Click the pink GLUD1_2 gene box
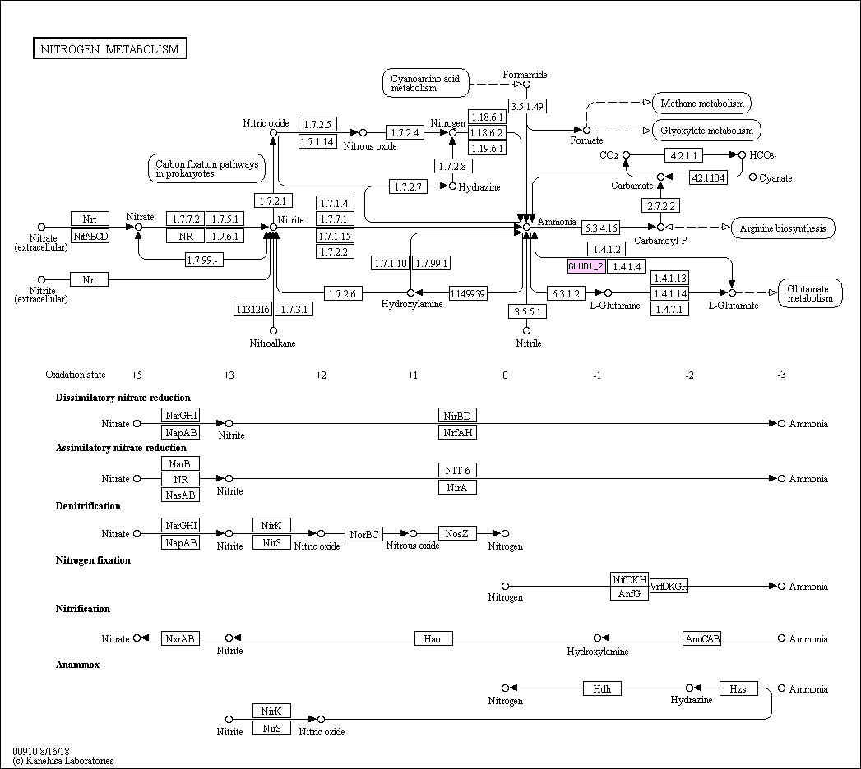(586, 266)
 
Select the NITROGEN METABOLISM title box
(111, 49)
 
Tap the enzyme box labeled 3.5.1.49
(527, 106)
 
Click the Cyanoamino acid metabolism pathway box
(425, 82)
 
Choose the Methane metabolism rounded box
(701, 104)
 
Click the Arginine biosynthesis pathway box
(783, 228)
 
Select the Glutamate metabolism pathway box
(810, 293)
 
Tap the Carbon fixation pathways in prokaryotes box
(206, 168)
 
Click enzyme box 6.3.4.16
(601, 227)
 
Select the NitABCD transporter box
(90, 237)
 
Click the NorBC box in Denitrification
(363, 534)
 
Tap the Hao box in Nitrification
(433, 638)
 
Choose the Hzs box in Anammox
(738, 688)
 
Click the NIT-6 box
(457, 471)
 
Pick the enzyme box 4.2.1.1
(684, 154)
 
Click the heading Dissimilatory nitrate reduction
(123, 398)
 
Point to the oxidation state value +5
(137, 375)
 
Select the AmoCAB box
(701, 638)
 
